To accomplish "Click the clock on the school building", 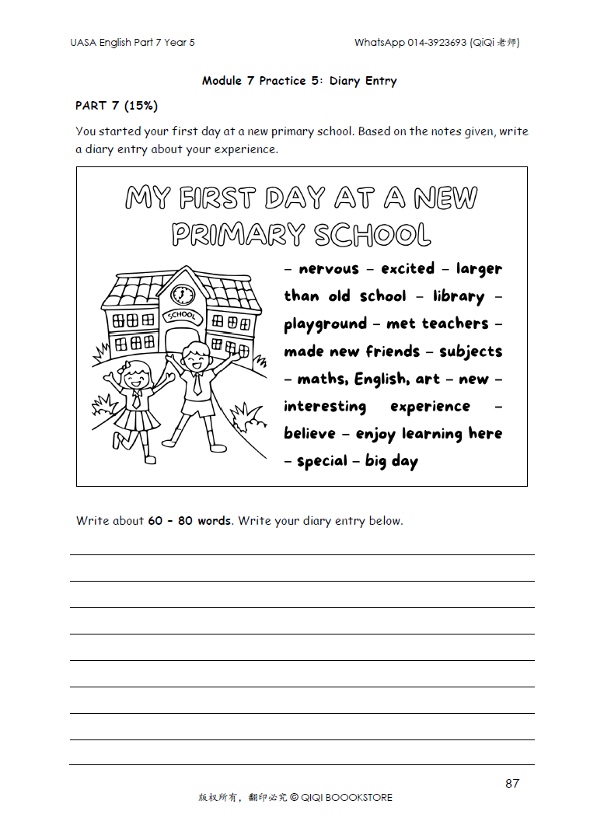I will [183, 295].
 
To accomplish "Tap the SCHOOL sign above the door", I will [183, 316].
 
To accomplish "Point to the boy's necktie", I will [197, 383].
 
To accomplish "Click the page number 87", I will [512, 783].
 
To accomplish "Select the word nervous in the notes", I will [329, 269].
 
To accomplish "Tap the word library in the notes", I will [459, 296].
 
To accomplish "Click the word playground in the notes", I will [325, 324].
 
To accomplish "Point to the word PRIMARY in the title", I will [238, 234].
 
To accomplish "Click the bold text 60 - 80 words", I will [190, 521].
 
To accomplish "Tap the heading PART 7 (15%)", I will [117, 105].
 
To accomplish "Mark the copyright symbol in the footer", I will [294, 797].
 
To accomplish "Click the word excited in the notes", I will [407, 269].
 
